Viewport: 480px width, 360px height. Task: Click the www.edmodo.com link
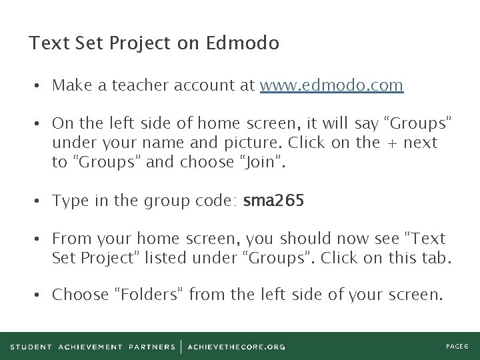click(331, 85)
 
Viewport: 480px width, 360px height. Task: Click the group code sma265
click(274, 201)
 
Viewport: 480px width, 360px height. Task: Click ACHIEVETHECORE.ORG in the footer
click(237, 347)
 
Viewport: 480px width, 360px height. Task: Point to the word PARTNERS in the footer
click(153, 347)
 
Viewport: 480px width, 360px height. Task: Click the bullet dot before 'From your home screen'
click(41, 239)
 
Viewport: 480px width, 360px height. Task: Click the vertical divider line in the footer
click(181, 347)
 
